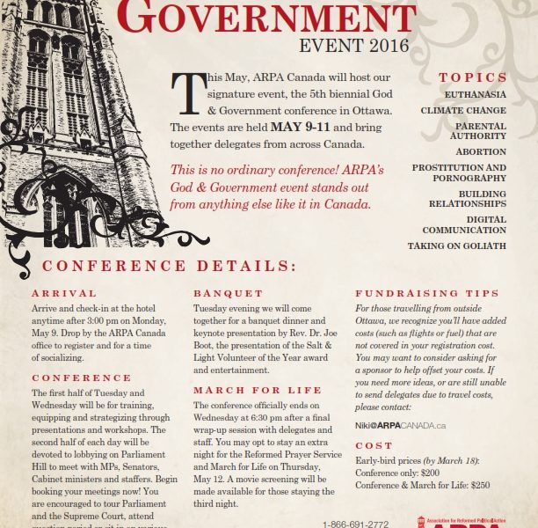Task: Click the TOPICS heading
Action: tap(473, 77)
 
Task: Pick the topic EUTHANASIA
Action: tap(475, 94)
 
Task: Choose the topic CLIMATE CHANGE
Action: tap(463, 111)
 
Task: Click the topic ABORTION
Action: tap(481, 151)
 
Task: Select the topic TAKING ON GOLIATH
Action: tap(456, 246)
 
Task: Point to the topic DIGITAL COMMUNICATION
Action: tap(463, 224)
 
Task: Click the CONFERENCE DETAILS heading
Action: tap(170, 266)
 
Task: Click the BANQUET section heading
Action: tap(228, 293)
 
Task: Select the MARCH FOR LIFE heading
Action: tap(245, 390)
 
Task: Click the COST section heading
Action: tap(374, 446)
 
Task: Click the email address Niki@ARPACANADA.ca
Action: tap(400, 425)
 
